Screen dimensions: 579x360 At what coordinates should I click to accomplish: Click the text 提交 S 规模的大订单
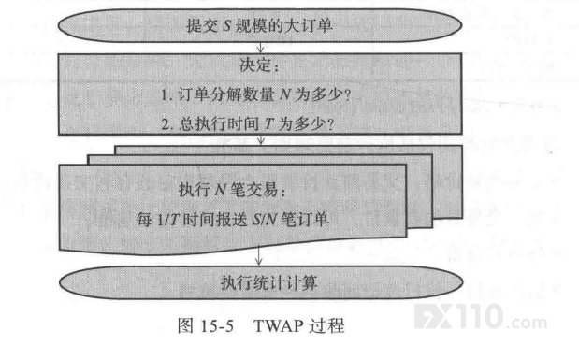[x=259, y=26]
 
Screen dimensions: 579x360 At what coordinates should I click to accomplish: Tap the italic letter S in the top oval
[x=227, y=26]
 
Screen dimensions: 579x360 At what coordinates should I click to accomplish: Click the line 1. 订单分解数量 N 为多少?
[x=256, y=94]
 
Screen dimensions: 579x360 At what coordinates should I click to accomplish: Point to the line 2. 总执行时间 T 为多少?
[x=248, y=123]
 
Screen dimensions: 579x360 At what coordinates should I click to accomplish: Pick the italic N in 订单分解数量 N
[x=284, y=94]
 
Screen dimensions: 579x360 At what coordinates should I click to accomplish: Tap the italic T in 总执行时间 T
[x=268, y=124]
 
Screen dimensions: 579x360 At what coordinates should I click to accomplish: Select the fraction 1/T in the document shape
[x=168, y=220]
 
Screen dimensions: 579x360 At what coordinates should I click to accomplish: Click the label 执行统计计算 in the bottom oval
[x=268, y=282]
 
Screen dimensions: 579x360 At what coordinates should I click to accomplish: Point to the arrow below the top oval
[x=260, y=48]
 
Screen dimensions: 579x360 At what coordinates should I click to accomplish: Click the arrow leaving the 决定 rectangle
[x=261, y=139]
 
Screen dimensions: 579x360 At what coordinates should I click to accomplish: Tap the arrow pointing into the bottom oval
[x=259, y=255]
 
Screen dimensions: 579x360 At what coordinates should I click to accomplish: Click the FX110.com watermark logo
[x=481, y=317]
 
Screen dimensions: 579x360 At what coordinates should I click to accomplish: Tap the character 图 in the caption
[x=186, y=326]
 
